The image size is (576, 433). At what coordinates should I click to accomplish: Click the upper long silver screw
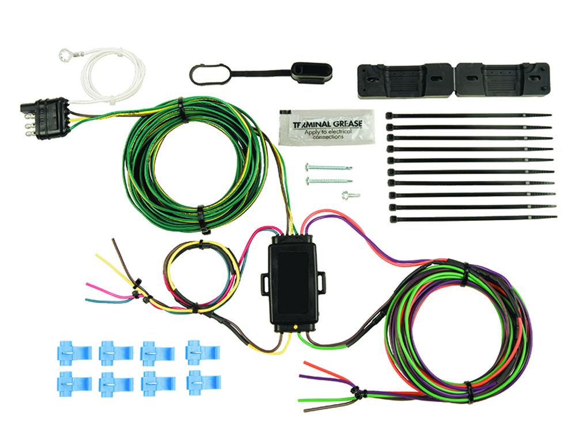click(328, 168)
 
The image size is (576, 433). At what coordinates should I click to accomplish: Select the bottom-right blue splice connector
click(203, 382)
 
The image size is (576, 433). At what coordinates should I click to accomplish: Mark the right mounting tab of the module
click(321, 283)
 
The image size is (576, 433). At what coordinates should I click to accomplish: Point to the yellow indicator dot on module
click(295, 327)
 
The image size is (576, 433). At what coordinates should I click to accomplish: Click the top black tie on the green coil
click(180, 107)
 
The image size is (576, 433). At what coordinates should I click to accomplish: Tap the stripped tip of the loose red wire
click(304, 365)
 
